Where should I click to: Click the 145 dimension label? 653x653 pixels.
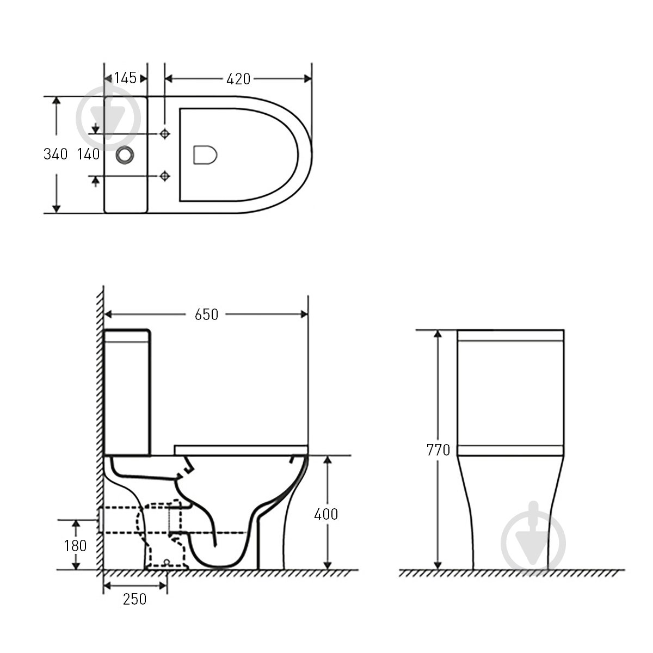[125, 78]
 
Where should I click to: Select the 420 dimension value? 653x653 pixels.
[238, 79]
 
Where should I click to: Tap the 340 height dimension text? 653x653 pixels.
[56, 154]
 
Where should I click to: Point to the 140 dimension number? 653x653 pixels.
[89, 154]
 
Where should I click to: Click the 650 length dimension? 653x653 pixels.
[206, 314]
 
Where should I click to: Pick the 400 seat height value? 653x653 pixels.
[326, 514]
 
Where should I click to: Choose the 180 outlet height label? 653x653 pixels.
[76, 545]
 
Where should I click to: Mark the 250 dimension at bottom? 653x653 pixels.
[134, 599]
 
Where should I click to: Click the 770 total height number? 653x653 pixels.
[438, 450]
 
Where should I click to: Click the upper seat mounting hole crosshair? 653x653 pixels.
[165, 133]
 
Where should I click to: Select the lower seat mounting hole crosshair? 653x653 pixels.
[165, 175]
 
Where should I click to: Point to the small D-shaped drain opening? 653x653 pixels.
[205, 155]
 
